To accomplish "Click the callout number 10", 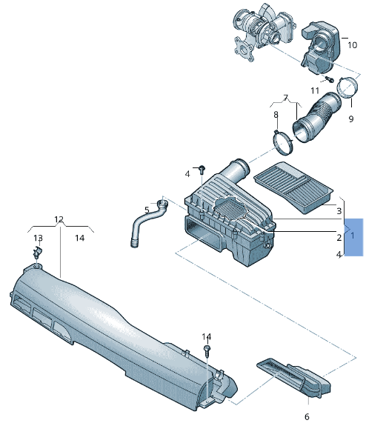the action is [x=352, y=45].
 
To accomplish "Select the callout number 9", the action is [x=351, y=119].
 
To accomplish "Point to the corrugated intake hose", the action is [x=316, y=117].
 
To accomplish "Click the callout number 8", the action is [x=276, y=115].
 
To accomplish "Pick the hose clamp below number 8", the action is [x=282, y=142].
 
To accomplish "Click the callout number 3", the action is [x=339, y=210].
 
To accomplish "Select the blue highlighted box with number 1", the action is [x=353, y=237].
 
